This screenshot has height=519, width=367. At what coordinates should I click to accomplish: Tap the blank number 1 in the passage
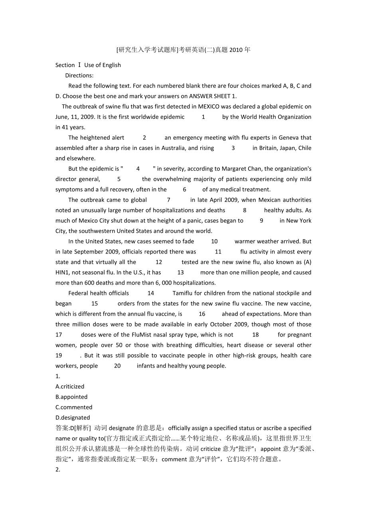tap(203, 117)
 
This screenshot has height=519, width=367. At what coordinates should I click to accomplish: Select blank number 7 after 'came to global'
tap(169, 200)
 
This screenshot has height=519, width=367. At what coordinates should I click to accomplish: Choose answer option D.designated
tap(73, 417)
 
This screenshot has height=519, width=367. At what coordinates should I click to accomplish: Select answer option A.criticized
tap(70, 386)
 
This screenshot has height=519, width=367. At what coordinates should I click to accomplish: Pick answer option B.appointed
tap(71, 397)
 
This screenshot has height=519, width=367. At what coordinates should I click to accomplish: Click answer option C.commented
tap(74, 407)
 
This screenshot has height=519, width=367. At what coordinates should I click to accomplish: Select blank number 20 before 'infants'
tap(117, 366)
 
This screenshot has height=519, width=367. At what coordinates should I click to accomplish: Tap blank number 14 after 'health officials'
tap(151, 293)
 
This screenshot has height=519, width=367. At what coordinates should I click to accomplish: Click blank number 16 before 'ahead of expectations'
tap(202, 314)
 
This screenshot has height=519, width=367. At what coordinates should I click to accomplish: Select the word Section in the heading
tap(65, 65)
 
